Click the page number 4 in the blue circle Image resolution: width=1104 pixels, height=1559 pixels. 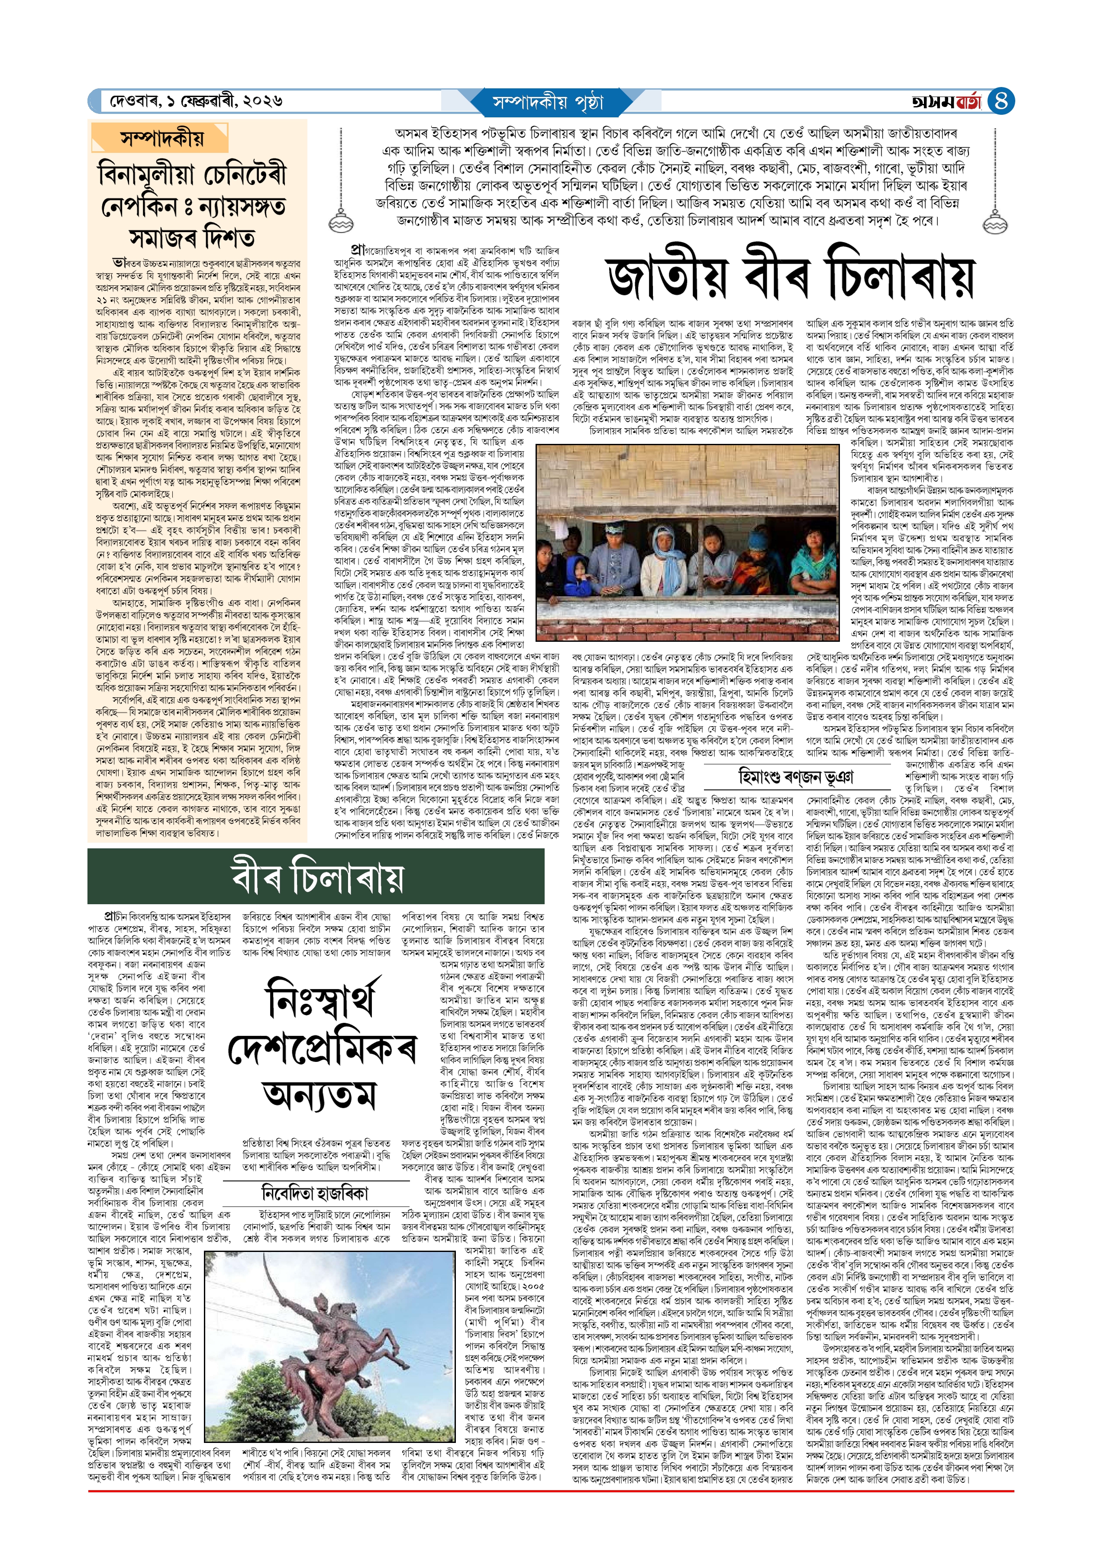pos(1001,102)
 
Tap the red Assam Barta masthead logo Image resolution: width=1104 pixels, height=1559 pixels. pos(947,102)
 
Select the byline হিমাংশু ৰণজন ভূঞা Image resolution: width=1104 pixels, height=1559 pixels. pos(795,776)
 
